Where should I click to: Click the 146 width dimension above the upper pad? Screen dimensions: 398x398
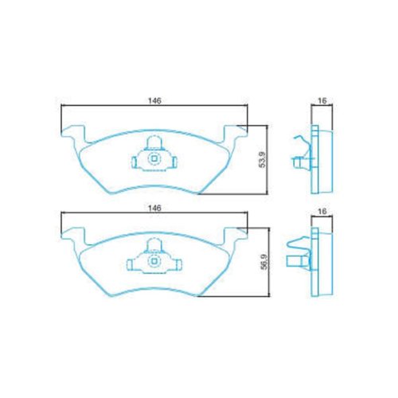coord(154,101)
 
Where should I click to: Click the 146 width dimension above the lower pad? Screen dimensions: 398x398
coord(154,208)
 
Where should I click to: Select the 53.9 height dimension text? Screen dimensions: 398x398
coord(262,160)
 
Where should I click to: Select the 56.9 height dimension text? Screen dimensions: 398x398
coord(264,262)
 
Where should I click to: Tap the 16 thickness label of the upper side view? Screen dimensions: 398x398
coord(322,100)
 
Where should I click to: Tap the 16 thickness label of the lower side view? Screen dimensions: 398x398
coord(322,211)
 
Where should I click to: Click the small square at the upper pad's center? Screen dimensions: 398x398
coord(154,159)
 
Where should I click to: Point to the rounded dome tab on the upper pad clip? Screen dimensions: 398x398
coord(154,142)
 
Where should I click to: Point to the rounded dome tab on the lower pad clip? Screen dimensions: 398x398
coord(154,245)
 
